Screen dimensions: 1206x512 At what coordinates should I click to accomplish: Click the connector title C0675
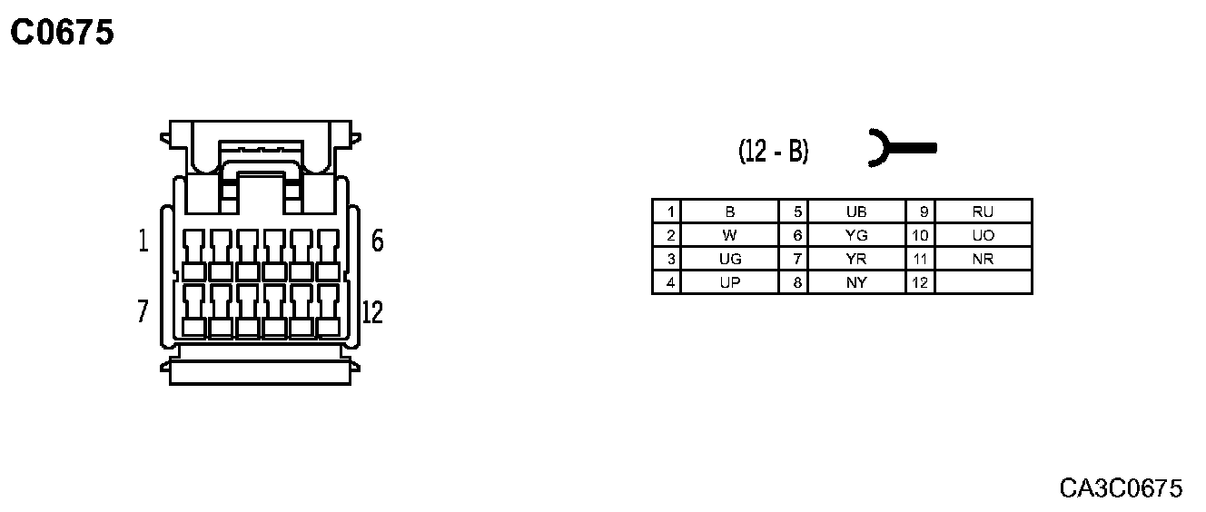click(x=62, y=34)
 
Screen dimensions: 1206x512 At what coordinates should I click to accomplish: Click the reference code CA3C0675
click(x=1121, y=488)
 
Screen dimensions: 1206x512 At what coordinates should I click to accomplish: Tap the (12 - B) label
click(x=773, y=151)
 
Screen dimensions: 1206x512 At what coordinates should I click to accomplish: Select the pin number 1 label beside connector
click(x=143, y=241)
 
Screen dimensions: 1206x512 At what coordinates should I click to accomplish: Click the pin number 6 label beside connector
click(x=378, y=241)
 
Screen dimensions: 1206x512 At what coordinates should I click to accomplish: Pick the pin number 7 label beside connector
click(x=143, y=312)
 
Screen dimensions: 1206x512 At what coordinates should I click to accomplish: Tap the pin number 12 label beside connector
click(x=372, y=312)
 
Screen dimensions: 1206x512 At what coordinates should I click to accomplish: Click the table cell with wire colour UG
click(x=730, y=259)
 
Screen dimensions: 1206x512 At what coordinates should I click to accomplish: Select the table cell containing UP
click(x=730, y=282)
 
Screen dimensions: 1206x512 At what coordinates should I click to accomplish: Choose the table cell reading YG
click(x=856, y=235)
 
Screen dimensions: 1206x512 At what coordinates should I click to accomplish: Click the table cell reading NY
click(x=856, y=282)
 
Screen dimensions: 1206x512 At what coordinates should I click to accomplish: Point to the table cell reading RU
click(x=983, y=212)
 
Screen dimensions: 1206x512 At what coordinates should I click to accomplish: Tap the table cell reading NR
click(x=983, y=259)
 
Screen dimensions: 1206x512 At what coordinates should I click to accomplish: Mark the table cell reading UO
click(x=983, y=235)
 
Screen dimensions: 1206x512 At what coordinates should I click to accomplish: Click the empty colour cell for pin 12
click(x=983, y=282)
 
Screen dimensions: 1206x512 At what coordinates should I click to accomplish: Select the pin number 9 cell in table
click(x=920, y=212)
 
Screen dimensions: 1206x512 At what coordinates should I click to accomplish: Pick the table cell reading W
click(x=730, y=235)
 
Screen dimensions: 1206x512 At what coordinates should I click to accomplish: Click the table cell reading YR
click(x=856, y=259)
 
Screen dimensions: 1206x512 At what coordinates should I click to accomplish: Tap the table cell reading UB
click(x=856, y=212)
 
